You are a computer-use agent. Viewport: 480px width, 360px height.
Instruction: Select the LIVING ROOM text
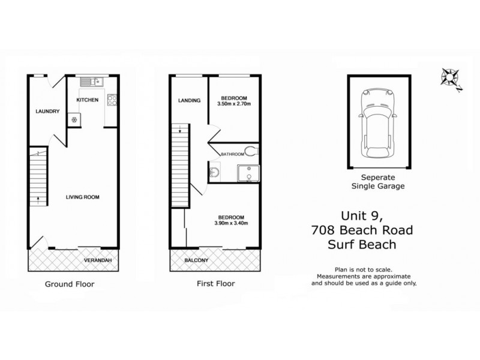coord(82,196)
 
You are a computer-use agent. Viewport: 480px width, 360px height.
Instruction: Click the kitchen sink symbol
coord(92,81)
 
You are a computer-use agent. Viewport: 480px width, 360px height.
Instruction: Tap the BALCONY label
coord(196,260)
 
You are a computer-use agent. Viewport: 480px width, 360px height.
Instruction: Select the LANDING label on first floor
coord(188,100)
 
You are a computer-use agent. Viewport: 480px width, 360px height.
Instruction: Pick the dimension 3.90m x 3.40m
coord(232,223)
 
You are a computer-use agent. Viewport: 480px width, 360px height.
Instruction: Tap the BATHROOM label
coord(231,154)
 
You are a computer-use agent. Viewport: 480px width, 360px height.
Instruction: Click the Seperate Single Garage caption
coord(379,182)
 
